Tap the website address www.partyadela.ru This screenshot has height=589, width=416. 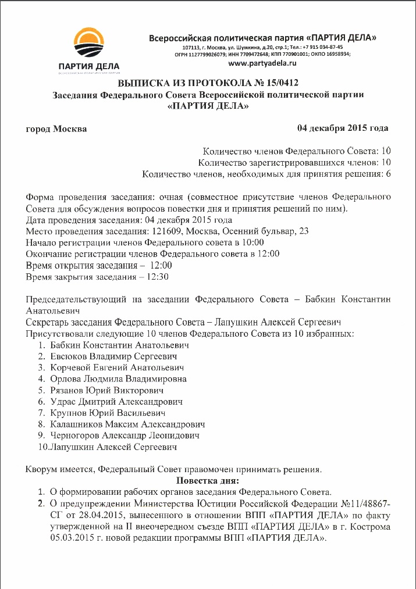point(263,62)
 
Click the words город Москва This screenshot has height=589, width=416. point(57,128)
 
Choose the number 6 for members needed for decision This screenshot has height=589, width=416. point(388,174)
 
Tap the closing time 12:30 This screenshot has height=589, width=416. point(159,277)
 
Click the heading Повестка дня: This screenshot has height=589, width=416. point(207,481)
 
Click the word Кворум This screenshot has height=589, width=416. point(42,469)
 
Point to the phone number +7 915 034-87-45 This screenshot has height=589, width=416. point(319,47)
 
